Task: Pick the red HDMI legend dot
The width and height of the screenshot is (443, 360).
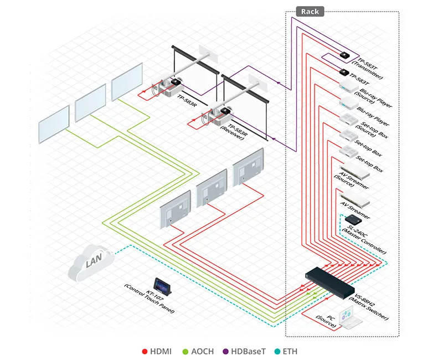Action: (x=145, y=351)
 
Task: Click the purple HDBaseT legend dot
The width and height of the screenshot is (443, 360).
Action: (x=228, y=351)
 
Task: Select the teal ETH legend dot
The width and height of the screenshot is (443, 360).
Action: (x=282, y=351)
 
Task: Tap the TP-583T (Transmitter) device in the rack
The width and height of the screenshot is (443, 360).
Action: (x=344, y=55)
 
